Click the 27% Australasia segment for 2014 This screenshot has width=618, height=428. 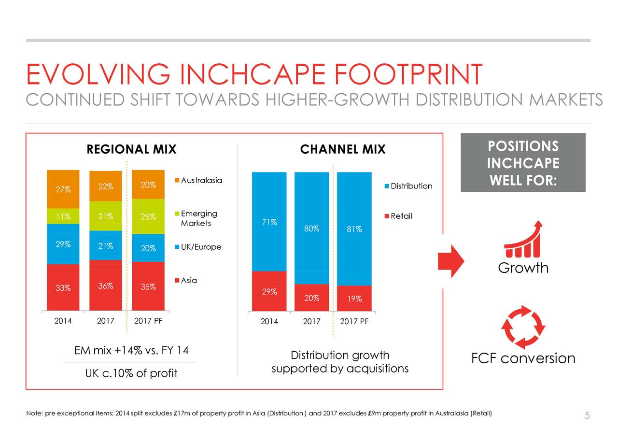(x=63, y=189)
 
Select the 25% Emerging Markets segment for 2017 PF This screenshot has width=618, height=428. (x=148, y=216)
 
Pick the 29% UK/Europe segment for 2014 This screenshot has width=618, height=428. (x=63, y=244)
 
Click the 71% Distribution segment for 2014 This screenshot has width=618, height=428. (x=269, y=222)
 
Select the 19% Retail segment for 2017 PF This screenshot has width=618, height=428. (x=354, y=298)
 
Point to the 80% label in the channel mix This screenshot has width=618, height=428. (x=312, y=229)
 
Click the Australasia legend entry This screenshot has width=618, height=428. (x=197, y=181)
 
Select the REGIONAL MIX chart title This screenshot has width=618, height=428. (x=131, y=150)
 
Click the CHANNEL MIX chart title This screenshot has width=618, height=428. (x=343, y=150)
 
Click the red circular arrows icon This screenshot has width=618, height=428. (x=523, y=327)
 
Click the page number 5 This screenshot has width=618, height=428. (x=587, y=415)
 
